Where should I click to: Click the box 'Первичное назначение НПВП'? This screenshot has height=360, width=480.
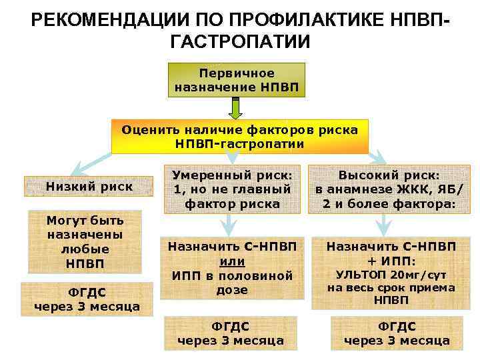237,79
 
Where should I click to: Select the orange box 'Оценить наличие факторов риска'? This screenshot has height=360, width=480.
239,136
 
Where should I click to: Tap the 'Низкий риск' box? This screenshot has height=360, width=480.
89,187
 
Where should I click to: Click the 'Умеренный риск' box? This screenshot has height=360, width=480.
232,189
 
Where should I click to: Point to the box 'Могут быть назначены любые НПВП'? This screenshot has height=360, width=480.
85,242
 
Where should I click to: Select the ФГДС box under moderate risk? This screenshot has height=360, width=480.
230,333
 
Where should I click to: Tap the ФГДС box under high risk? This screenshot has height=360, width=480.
397,333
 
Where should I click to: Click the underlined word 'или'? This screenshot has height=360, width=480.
232,261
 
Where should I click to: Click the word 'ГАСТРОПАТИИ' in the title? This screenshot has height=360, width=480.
240,43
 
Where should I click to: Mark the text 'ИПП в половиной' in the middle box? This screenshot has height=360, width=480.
232,275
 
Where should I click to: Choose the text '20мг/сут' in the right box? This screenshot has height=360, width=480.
418,275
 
